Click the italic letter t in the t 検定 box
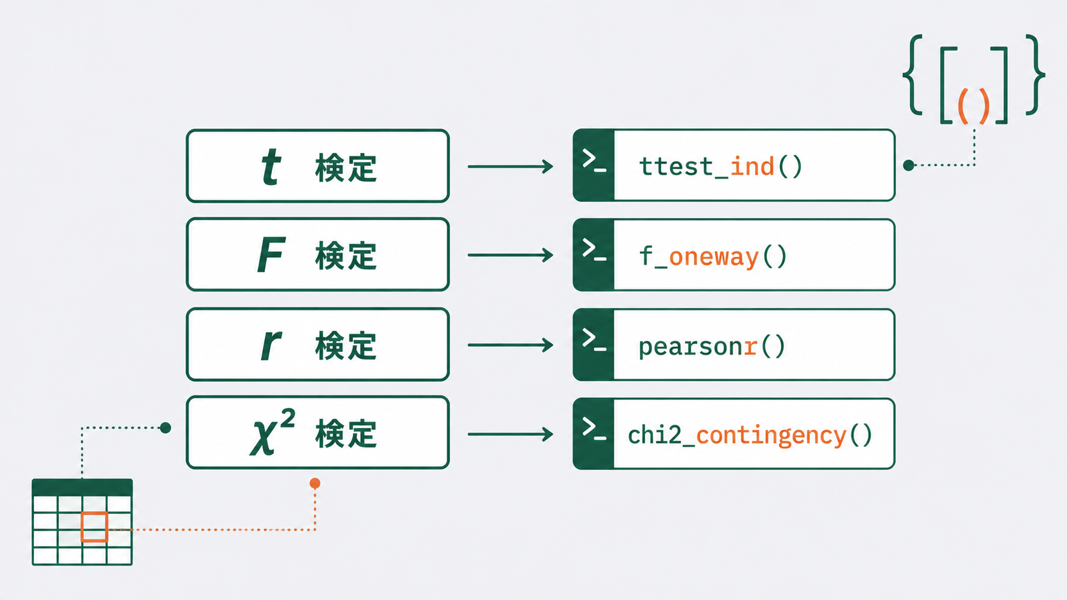pos(271,166)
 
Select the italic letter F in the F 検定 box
pos(271,255)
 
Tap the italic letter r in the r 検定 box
pos(271,345)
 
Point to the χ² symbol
pos(272,432)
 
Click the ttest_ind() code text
pos(720,166)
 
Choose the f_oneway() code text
pos(713,256)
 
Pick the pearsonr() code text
pos(712,346)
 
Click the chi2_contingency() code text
pos(750,435)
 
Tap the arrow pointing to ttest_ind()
pos(510,166)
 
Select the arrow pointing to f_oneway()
pos(510,255)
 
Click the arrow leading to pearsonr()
pos(510,345)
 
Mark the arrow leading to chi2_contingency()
pos(510,434)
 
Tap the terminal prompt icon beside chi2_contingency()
pos(594,428)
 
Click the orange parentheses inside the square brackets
pos(974,106)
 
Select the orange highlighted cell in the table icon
pos(94,527)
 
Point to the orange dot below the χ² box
pos(315,483)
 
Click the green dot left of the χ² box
pos(165,428)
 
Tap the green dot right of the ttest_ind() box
pos(908,165)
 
